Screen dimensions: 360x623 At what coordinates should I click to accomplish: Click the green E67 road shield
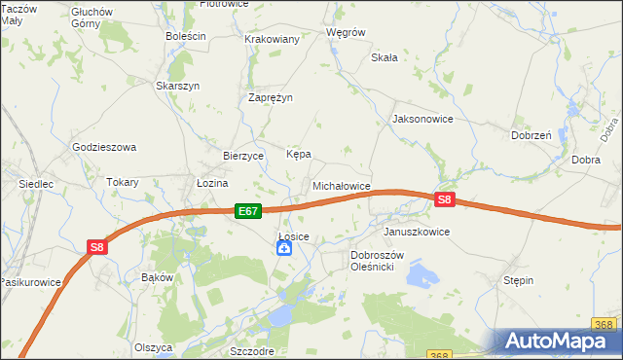(248, 210)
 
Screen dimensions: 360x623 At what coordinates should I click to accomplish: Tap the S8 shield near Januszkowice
(444, 200)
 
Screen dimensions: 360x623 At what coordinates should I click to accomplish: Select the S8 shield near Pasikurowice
(96, 247)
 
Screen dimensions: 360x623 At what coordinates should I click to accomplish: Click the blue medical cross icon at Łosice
(284, 249)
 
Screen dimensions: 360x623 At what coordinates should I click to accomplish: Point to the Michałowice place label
(341, 185)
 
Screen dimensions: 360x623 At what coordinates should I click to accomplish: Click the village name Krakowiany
(273, 39)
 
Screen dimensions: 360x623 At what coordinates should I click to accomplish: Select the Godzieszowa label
(104, 147)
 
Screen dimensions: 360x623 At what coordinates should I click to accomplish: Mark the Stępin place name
(518, 280)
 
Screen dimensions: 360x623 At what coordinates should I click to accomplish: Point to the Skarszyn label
(178, 86)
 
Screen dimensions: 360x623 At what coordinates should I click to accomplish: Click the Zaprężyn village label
(271, 97)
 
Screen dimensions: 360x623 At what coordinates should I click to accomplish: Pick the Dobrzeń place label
(531, 135)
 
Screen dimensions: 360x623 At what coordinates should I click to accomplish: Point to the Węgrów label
(346, 31)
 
